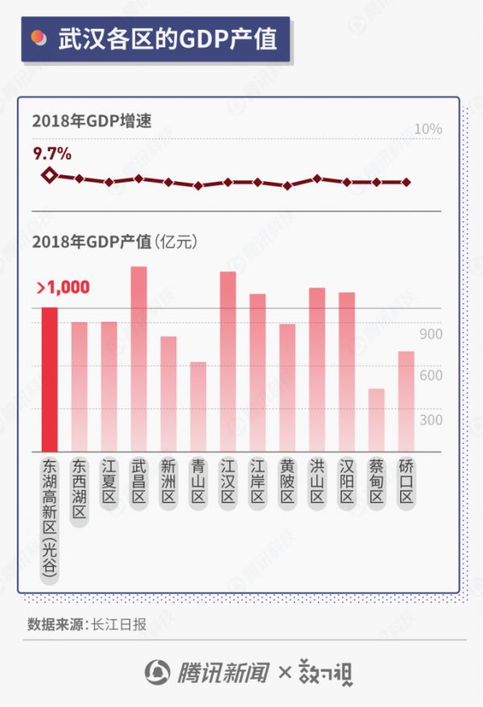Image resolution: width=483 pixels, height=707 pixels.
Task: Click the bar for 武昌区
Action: (x=138, y=359)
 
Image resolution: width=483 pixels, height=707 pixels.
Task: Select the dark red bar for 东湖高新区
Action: (x=49, y=379)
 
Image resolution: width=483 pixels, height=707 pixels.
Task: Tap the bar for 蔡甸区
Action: (x=377, y=420)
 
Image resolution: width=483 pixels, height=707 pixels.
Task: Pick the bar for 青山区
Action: (x=198, y=406)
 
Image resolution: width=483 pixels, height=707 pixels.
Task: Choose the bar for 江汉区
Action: (x=228, y=361)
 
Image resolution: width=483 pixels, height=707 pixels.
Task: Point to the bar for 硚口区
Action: (x=406, y=401)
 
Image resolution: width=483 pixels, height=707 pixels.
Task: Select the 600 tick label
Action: (x=431, y=376)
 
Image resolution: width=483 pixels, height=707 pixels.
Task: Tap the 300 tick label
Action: (x=431, y=420)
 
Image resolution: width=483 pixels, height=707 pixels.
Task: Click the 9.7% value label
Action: (x=52, y=153)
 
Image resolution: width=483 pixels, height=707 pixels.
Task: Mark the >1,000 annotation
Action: (x=62, y=287)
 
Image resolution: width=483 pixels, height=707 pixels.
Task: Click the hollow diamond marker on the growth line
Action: (x=49, y=175)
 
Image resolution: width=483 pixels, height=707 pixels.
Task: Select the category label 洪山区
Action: (x=317, y=481)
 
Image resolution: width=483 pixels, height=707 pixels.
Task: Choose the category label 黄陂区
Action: (x=287, y=481)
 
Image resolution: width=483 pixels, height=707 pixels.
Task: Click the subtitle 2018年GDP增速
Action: (x=92, y=121)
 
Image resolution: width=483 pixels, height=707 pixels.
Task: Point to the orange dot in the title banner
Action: (x=37, y=38)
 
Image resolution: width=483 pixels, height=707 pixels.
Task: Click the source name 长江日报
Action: (x=119, y=623)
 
